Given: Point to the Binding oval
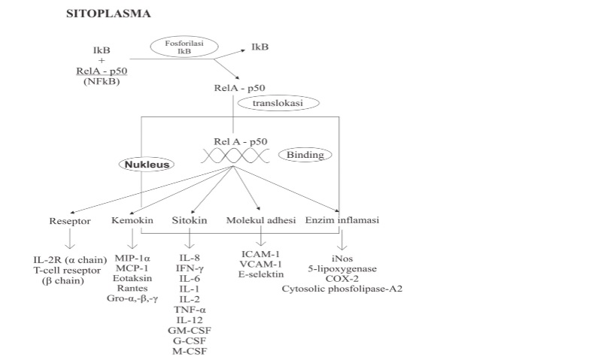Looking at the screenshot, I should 305,155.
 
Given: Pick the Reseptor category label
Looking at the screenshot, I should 68,221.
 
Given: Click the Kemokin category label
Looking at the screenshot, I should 132,221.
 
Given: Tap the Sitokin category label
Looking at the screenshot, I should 190,221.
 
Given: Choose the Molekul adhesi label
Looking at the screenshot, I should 260,221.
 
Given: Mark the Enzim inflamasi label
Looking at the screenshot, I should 342,221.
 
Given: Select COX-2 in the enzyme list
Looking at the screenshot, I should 342,277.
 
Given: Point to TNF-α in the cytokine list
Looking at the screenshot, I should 190,309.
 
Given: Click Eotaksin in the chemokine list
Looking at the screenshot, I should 132,277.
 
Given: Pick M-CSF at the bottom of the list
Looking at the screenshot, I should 190,351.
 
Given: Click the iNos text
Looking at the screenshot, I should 342,256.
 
